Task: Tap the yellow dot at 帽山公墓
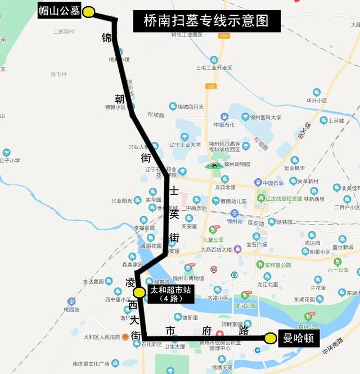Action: tap(90, 11)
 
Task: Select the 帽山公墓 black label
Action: tap(59, 11)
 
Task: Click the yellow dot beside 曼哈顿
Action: tap(271, 338)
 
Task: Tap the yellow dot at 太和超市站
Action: tap(139, 292)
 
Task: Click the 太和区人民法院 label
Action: tap(102, 337)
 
